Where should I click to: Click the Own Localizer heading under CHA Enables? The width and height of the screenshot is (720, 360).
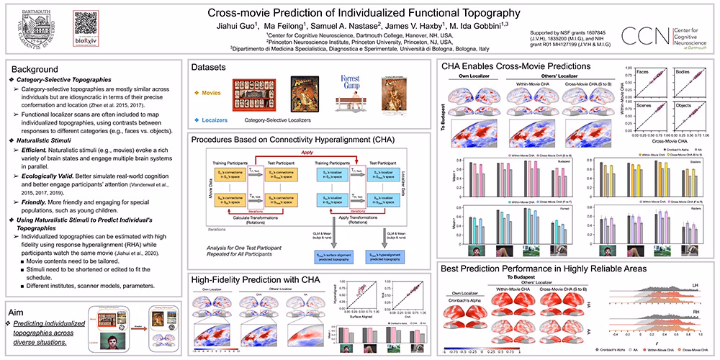pyautogui.click(x=474, y=75)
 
